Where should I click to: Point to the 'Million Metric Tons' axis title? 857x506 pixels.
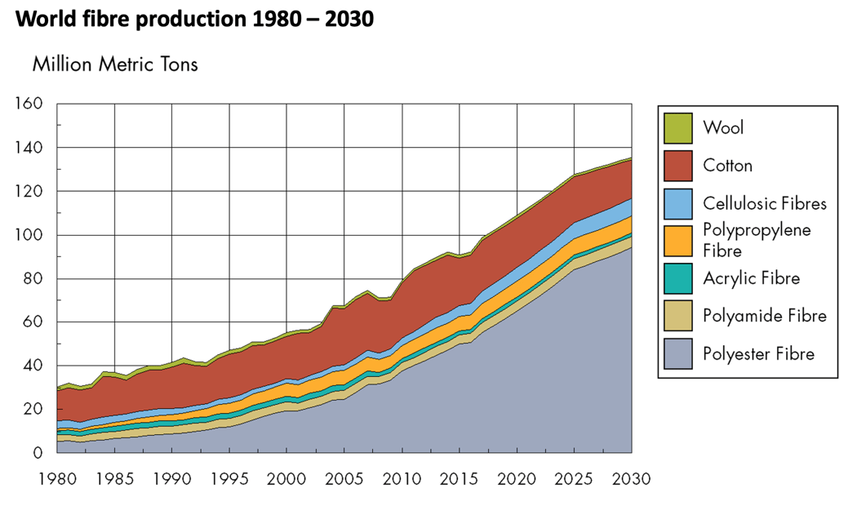tap(115, 64)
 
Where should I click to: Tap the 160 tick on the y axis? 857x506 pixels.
tap(30, 104)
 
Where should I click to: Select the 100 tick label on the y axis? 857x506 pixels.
tap(30, 235)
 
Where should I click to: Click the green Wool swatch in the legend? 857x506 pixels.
tap(677, 127)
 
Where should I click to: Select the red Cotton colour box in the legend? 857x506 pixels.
tap(677, 165)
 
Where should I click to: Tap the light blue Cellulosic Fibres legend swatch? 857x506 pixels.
tap(677, 203)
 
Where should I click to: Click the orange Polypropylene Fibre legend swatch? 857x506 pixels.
tap(677, 240)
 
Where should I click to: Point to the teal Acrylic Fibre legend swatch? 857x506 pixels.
tap(677, 278)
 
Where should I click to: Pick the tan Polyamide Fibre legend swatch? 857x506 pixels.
tap(677, 316)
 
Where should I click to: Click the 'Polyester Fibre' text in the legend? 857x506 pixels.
tap(758, 354)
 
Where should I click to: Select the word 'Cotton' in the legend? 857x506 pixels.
tap(727, 166)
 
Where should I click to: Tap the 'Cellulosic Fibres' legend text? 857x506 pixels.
tap(765, 203)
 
